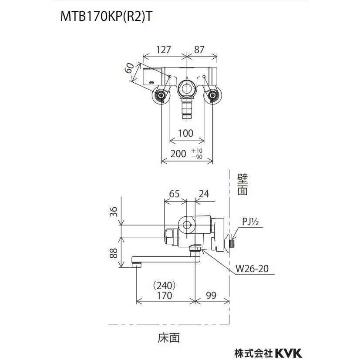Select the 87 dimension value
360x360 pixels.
pyautogui.click(x=199, y=50)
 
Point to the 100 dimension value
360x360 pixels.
pyautogui.click(x=185, y=133)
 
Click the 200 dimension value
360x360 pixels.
pyautogui.click(x=178, y=153)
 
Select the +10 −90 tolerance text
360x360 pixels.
pyautogui.click(x=197, y=153)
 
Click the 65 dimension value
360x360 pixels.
pyautogui.click(x=174, y=194)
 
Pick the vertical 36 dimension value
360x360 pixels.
pyautogui.click(x=113, y=212)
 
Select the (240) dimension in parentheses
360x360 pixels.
pyautogui.click(x=164, y=286)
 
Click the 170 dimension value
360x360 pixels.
pyautogui.click(x=164, y=296)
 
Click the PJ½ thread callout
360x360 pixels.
pyautogui.click(x=251, y=222)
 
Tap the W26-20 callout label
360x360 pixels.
pyautogui.click(x=251, y=269)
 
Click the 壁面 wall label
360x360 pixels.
pyautogui.click(x=242, y=184)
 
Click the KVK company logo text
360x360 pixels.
pyautogui.click(x=287, y=352)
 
